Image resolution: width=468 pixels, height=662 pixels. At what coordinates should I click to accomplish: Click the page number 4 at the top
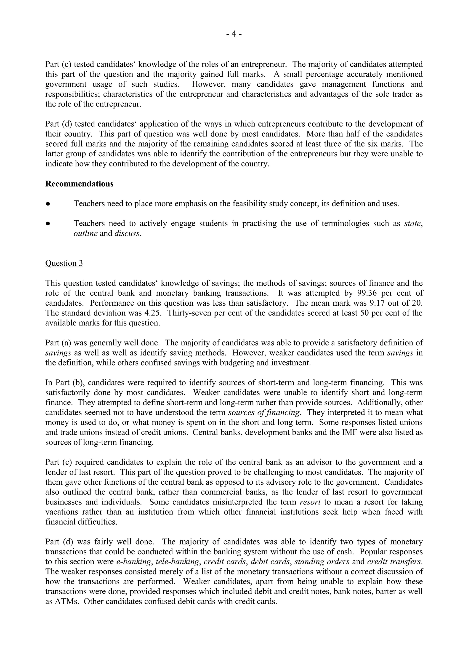234,34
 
